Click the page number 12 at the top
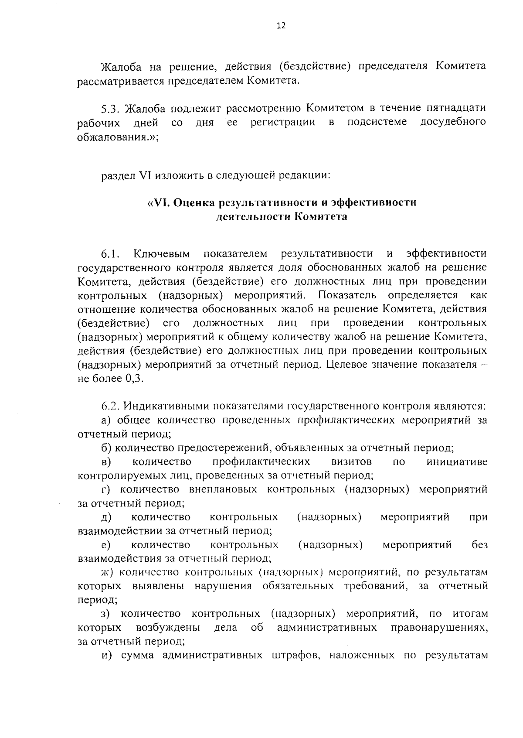(281, 26)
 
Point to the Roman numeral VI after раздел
(143, 176)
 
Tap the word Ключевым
(162, 254)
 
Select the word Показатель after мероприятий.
(347, 295)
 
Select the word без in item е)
(479, 545)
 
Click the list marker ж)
(107, 572)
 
